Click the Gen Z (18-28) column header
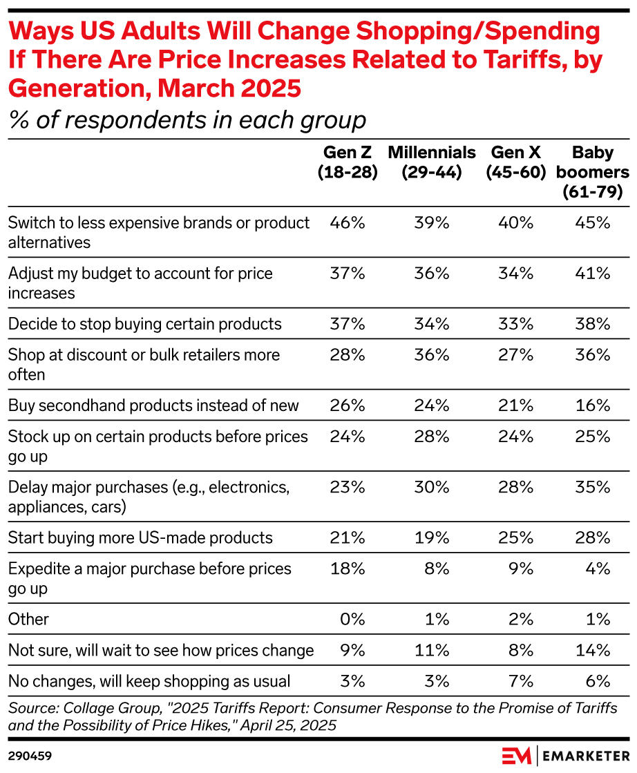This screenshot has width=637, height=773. [348, 162]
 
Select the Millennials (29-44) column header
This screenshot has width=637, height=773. [432, 162]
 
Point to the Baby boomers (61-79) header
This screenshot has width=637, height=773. [592, 172]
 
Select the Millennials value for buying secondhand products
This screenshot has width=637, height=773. [432, 405]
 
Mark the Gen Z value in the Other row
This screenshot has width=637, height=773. [352, 620]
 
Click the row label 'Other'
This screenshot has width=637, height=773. [28, 620]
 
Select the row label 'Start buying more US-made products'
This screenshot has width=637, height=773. [140, 538]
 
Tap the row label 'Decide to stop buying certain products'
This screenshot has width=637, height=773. [145, 324]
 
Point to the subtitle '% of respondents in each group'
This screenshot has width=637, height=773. [187, 120]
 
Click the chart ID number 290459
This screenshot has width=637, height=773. [30, 756]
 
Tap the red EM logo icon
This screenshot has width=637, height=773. [517, 755]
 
